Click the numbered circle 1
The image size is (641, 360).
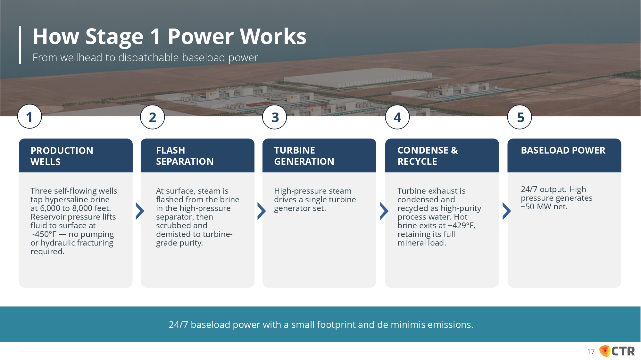tap(29, 117)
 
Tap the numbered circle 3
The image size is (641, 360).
tap(275, 117)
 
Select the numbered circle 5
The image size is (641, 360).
tap(520, 117)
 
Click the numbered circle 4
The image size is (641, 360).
tap(397, 117)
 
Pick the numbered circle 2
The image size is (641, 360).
tap(153, 117)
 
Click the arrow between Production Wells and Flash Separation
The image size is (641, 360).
tap(140, 211)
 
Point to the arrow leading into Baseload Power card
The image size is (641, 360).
tap(506, 211)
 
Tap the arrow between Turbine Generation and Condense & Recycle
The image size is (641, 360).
tap(384, 211)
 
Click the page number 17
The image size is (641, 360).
tap(591, 352)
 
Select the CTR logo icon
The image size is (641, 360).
tap(605, 351)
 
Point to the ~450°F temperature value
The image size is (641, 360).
tap(43, 234)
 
